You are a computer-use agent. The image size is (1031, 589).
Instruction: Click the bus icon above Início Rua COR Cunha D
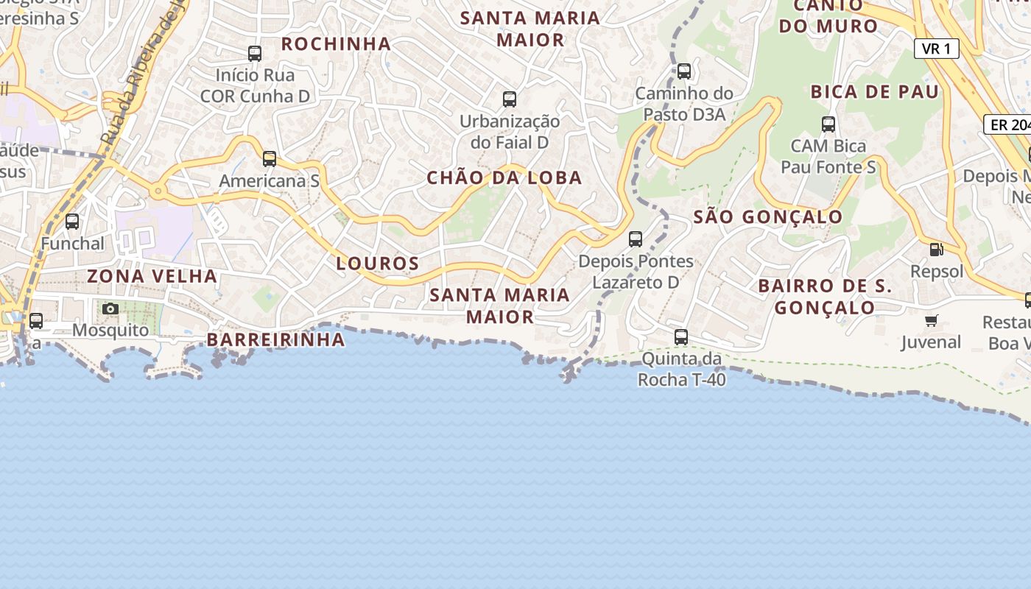pyautogui.click(x=255, y=53)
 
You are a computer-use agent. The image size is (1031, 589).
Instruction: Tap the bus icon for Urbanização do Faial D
pyautogui.click(x=509, y=99)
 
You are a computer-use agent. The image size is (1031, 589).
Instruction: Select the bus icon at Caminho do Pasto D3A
pyautogui.click(x=684, y=71)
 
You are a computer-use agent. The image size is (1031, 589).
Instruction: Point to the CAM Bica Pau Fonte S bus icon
pyautogui.click(x=828, y=124)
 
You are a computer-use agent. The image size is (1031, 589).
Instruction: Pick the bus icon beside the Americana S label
pyautogui.click(x=270, y=158)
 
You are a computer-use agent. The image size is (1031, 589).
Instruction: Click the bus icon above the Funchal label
pyautogui.click(x=72, y=221)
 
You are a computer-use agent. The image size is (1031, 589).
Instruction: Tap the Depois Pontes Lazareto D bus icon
pyautogui.click(x=636, y=239)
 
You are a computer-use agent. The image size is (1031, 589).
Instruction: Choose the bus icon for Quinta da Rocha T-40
pyautogui.click(x=681, y=337)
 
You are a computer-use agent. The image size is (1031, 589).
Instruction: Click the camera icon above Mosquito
pyautogui.click(x=110, y=308)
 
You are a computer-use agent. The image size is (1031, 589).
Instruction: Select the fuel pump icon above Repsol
pyautogui.click(x=937, y=250)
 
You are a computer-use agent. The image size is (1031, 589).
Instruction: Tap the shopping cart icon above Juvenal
pyautogui.click(x=932, y=320)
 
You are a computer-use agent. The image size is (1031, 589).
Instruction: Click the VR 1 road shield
pyautogui.click(x=937, y=49)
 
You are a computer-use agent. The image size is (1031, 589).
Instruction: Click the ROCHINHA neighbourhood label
pyautogui.click(x=336, y=43)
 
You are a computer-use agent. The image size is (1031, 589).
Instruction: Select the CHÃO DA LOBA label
pyautogui.click(x=504, y=177)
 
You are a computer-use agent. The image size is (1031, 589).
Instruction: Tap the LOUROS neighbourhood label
pyautogui.click(x=378, y=263)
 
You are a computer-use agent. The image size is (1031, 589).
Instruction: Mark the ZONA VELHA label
pyautogui.click(x=152, y=276)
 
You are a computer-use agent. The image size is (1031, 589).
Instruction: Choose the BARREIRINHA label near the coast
pyautogui.click(x=276, y=339)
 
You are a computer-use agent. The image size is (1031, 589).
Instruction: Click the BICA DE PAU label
pyautogui.click(x=875, y=91)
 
